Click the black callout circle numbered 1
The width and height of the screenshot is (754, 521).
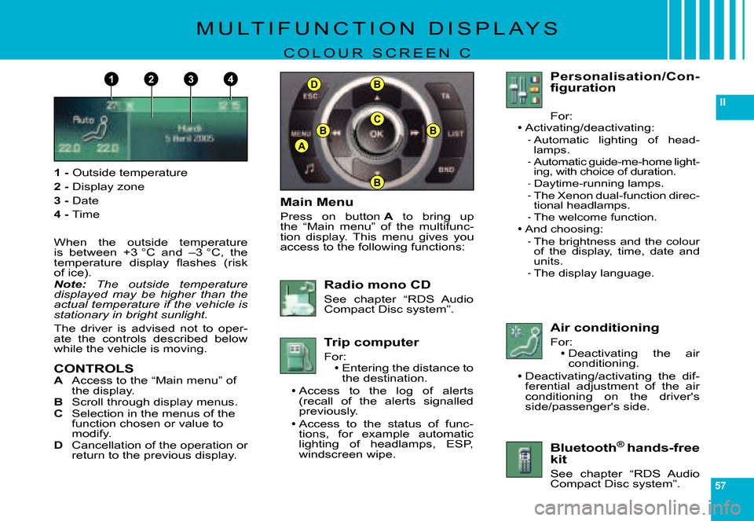point(112,79)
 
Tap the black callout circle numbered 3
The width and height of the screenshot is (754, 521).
point(191,79)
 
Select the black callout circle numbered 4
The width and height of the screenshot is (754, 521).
point(230,79)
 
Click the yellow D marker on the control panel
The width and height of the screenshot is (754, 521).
point(314,85)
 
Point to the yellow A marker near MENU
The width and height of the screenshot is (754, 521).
point(302,145)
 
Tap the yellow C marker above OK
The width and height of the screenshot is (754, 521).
point(377,119)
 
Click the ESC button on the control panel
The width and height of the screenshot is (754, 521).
point(310,96)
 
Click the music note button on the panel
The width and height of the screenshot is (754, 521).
point(310,168)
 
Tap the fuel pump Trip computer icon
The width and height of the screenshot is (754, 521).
point(298,355)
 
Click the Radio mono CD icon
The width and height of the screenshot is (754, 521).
point(298,298)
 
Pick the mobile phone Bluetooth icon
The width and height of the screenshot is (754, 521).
point(524,459)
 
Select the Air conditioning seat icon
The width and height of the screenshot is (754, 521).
point(524,340)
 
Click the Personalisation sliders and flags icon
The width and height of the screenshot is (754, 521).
point(524,90)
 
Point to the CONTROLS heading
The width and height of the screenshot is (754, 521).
point(93,369)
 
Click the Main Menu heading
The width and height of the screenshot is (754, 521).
point(317,202)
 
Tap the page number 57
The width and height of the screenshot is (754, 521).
point(720,486)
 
